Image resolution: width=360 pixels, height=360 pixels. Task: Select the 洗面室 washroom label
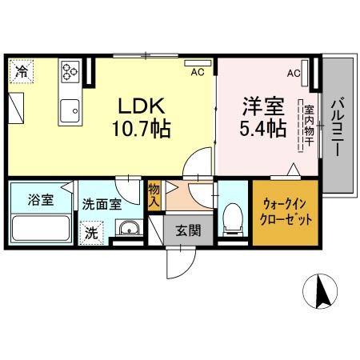[x=102, y=203]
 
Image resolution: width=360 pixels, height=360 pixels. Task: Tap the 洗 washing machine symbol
[x=92, y=234]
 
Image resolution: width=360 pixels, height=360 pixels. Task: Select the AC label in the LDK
[x=196, y=72]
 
